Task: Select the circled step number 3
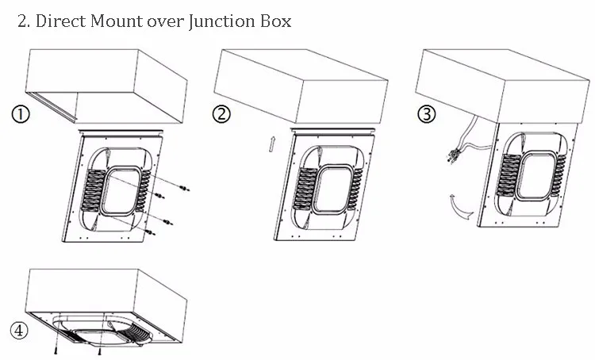click(x=426, y=114)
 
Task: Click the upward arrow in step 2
click(x=271, y=144)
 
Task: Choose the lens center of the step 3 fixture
click(x=532, y=167)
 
